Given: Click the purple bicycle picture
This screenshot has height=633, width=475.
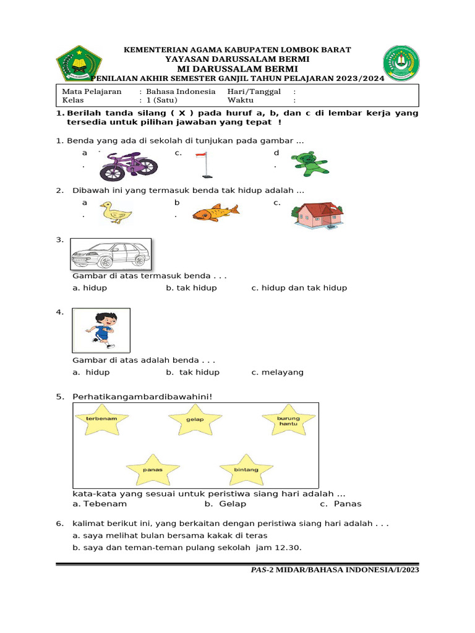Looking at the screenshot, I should click(x=129, y=165).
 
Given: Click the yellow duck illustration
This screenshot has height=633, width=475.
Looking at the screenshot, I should click(x=116, y=213).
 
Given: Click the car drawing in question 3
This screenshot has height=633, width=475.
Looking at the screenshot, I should click(x=110, y=253).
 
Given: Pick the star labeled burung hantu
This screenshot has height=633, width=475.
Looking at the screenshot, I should click(x=288, y=422).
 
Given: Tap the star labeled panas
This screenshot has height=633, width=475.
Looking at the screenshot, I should click(x=153, y=470).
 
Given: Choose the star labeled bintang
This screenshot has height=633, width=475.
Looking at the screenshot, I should click(x=246, y=470).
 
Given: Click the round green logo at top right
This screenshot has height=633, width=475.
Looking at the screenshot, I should click(x=401, y=63).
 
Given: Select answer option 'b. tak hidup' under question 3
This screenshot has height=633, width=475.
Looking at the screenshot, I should click(x=191, y=288).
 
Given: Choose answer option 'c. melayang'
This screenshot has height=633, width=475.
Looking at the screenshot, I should click(x=277, y=372).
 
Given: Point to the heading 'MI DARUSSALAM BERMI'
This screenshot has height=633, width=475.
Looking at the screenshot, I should click(x=237, y=69).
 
